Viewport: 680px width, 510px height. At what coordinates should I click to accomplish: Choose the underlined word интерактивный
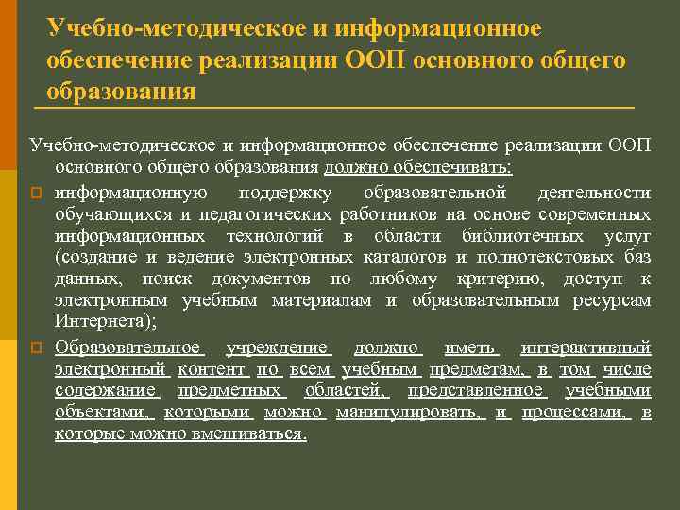586,347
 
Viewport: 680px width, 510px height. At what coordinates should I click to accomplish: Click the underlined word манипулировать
410,412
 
